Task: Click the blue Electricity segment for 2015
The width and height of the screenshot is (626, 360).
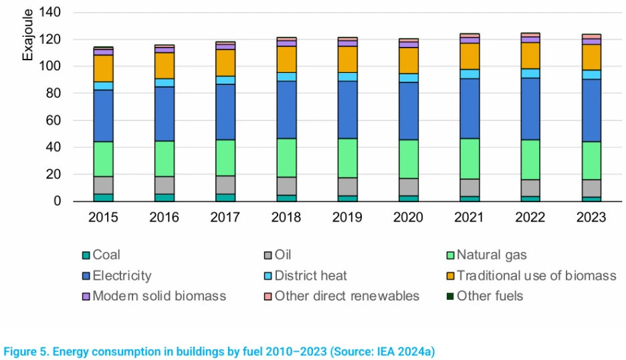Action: coord(103,116)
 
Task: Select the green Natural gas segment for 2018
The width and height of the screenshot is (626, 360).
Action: coord(286,157)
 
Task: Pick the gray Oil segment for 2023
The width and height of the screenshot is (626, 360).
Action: coord(591,188)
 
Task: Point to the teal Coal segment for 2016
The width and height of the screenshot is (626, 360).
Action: coord(164,197)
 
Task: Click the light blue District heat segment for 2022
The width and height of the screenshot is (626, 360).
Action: coord(530,74)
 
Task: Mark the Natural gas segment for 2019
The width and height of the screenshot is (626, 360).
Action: coord(347,158)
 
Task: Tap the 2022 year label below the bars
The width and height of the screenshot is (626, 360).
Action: coord(530,218)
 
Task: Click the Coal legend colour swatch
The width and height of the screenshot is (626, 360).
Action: coord(85,255)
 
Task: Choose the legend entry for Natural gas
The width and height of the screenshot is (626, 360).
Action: coord(492,255)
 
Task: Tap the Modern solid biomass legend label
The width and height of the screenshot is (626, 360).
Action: coord(159,296)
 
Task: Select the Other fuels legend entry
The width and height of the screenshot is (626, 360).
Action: coord(490,296)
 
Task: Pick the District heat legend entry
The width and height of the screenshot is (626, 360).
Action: coord(310,275)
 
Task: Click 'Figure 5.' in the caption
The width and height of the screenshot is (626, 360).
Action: coord(26,351)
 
